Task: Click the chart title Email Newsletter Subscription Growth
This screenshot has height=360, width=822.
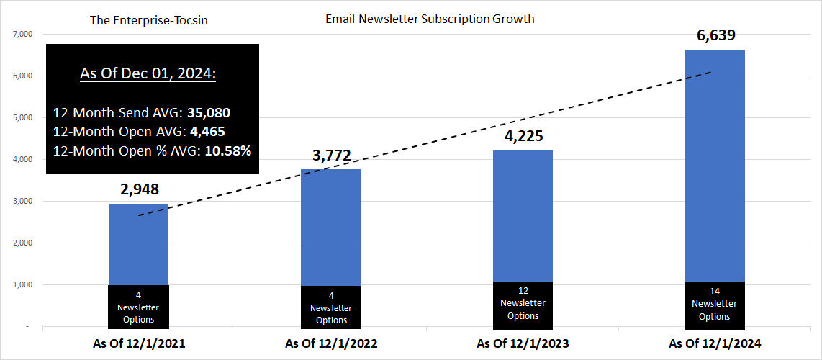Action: click(430, 19)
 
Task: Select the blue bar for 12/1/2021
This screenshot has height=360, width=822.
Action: click(138, 245)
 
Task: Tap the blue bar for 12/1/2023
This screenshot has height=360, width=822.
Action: click(523, 216)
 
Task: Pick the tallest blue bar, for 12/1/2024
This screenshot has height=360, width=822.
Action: click(715, 166)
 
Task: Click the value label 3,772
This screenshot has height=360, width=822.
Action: click(331, 154)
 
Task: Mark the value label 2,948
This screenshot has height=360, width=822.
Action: click(138, 189)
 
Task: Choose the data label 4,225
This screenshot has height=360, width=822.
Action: click(523, 136)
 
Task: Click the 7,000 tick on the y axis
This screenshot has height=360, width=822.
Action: click(23, 34)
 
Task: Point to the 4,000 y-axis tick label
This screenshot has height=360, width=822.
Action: click(23, 159)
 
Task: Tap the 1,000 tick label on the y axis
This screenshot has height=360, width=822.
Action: click(23, 284)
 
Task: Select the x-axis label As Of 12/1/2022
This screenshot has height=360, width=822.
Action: click(331, 344)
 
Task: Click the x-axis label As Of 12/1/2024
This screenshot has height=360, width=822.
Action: click(715, 344)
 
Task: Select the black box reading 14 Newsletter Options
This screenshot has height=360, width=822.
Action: click(715, 304)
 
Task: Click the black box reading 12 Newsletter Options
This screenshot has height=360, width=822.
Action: click(523, 304)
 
